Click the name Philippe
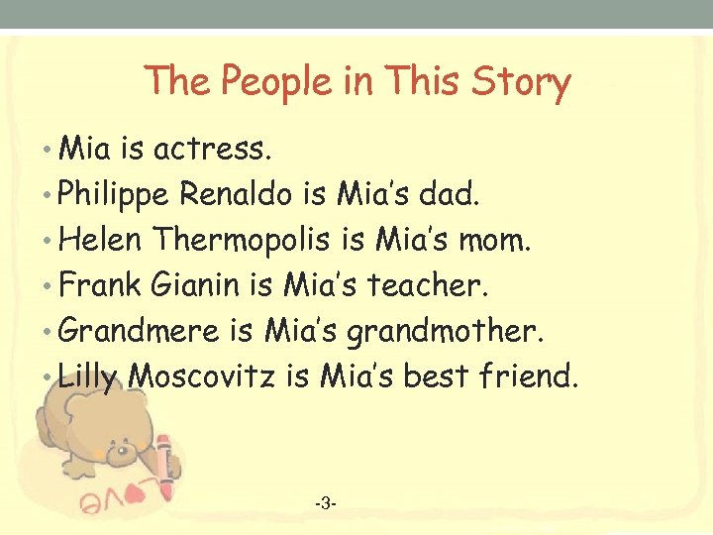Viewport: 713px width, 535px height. (x=115, y=195)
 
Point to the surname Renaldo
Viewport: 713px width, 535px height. (x=237, y=194)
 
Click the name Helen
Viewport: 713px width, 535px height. (x=102, y=240)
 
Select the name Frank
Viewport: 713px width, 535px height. (x=101, y=285)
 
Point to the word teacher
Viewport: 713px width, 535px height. (x=428, y=285)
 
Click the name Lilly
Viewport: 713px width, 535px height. (x=89, y=376)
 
